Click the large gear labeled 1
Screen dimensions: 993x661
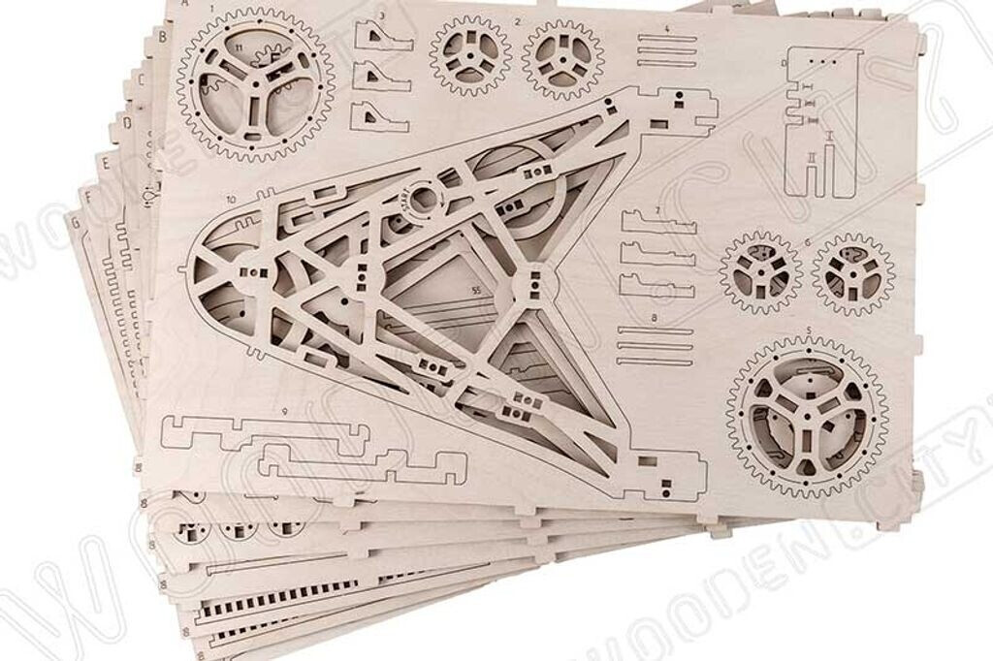click(255, 84)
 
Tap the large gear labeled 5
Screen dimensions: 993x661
click(807, 415)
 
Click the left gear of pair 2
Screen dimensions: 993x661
click(470, 54)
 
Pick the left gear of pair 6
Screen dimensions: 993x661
click(761, 271)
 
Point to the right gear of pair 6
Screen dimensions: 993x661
click(853, 274)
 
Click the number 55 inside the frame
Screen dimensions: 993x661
click(475, 289)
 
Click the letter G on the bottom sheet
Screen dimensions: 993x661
click(72, 221)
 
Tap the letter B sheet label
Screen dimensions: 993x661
click(162, 39)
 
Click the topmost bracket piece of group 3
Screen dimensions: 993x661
click(383, 38)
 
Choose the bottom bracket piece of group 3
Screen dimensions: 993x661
click(381, 115)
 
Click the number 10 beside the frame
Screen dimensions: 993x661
click(232, 199)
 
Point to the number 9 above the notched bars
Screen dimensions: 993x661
click(285, 412)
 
